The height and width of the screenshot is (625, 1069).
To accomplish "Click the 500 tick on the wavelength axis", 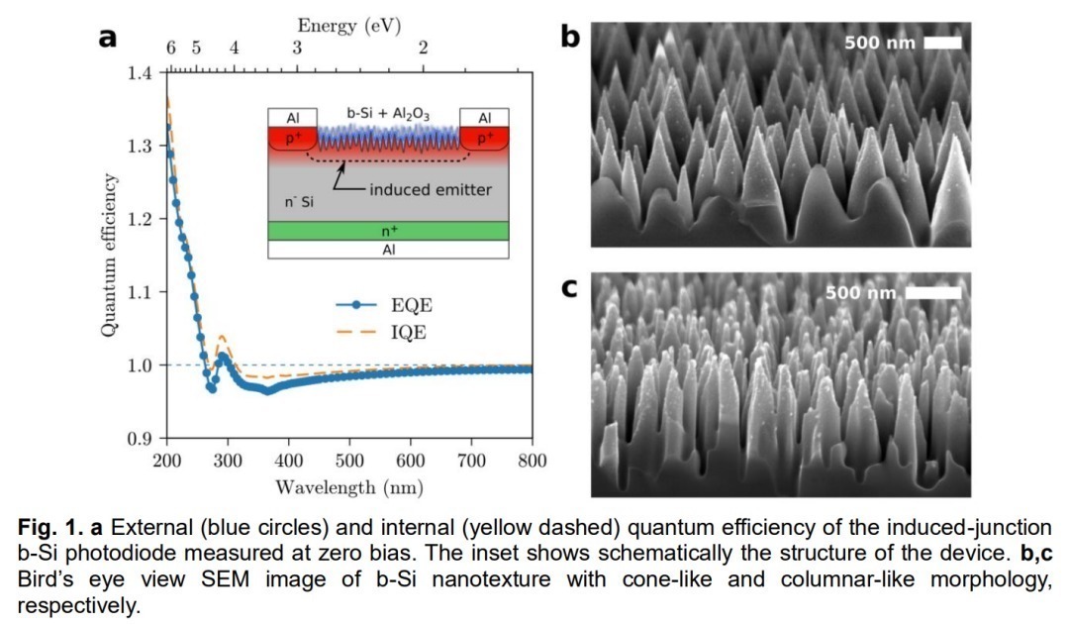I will (x=349, y=462).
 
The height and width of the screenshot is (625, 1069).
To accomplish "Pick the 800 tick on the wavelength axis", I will (x=531, y=462).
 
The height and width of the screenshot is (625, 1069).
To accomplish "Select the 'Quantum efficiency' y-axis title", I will (x=111, y=256).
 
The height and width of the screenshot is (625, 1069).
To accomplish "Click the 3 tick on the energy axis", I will (x=297, y=48).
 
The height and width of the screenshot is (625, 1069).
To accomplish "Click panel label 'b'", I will (x=570, y=37).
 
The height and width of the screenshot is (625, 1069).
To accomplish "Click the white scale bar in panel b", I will (x=942, y=43).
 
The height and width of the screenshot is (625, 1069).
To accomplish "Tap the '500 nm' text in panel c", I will (x=860, y=293).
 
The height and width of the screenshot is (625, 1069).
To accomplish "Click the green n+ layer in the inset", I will (x=388, y=230).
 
